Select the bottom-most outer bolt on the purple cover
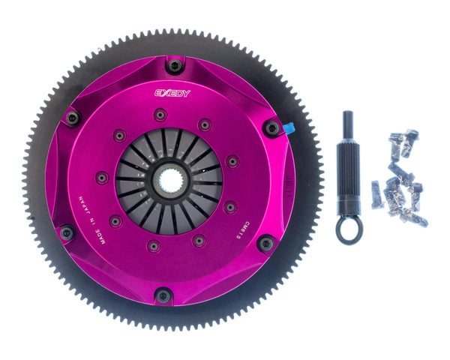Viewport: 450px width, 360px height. tap(163, 295)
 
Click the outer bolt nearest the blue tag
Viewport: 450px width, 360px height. tap(271, 128)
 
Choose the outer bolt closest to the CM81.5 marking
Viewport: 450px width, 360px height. tap(265, 244)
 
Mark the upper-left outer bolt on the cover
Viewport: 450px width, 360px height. tap(72, 118)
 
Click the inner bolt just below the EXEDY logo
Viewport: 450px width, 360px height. tap(159, 115)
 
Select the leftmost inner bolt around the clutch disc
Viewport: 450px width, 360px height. tap(101, 178)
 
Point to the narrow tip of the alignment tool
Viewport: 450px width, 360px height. tap(349, 121)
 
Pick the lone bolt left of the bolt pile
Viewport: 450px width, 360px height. tap(377, 193)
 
